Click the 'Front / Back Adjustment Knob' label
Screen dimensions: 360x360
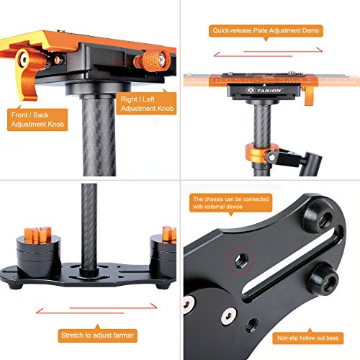click(x=37, y=120)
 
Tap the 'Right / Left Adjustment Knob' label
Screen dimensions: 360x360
click(x=147, y=104)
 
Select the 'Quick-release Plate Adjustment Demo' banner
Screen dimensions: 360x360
click(x=266, y=31)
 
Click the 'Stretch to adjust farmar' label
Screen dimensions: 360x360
click(x=97, y=336)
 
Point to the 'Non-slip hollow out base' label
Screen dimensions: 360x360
click(x=308, y=338)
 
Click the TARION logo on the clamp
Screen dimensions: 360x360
click(x=264, y=91)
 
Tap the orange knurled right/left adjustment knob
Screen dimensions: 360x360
click(x=153, y=61)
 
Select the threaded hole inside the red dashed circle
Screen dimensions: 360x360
click(x=242, y=259)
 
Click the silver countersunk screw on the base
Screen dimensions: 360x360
click(x=228, y=317)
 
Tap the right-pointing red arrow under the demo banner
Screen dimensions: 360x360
click(x=283, y=51)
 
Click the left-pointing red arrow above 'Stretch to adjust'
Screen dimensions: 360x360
click(x=80, y=312)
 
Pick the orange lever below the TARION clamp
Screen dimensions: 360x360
click(x=309, y=96)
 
